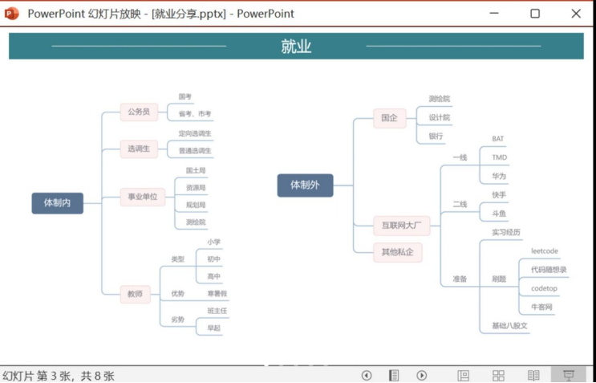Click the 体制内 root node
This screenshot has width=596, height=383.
pos(57,203)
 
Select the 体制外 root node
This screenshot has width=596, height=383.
pos(305,185)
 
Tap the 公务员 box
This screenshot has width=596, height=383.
pos(137,112)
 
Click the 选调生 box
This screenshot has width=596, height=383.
pos(137,149)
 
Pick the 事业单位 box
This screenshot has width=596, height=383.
pos(142,197)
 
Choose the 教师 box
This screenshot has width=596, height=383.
pos(134,295)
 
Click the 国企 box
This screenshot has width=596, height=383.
pos(389,117)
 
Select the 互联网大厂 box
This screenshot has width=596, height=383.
pos(401,226)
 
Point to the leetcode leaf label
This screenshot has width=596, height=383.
pos(544,251)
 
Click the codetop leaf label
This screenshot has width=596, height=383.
pos(544,288)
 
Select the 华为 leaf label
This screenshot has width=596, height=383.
pos(499,176)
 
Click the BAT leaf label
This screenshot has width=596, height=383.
pos(498,139)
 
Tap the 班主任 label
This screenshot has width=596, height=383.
pos(217,311)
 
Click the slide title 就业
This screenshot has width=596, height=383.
pos(296,47)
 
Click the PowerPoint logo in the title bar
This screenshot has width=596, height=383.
pos(12,14)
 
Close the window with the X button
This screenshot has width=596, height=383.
pos(576,14)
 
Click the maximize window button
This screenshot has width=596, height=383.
pos(535,14)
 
